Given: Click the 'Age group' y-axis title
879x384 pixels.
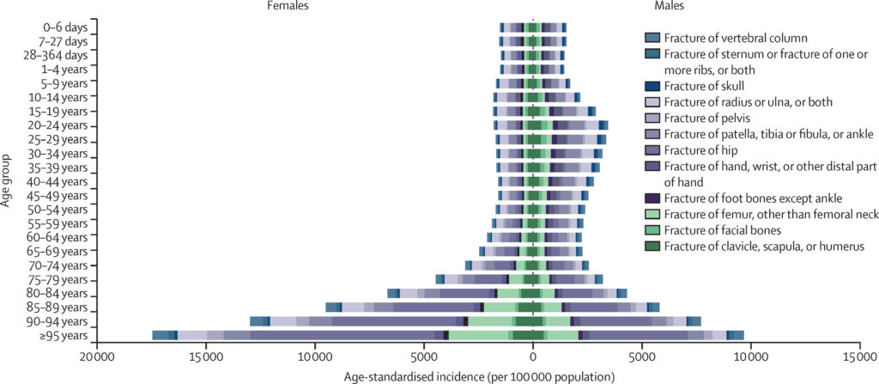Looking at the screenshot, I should (x=7, y=180).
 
